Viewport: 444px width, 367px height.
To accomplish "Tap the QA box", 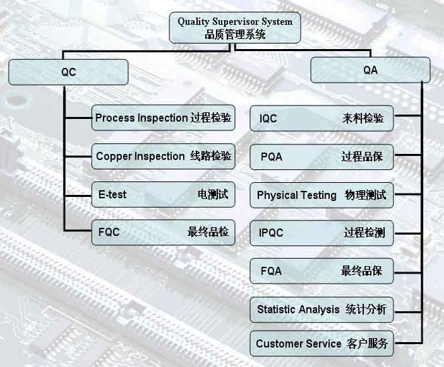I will pyautogui.click(x=370, y=70).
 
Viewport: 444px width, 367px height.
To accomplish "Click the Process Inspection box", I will pyautogui.click(x=163, y=118).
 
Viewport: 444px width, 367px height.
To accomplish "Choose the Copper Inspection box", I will pyautogui.click(x=163, y=157).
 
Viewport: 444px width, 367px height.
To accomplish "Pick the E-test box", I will pyautogui.click(x=163, y=195).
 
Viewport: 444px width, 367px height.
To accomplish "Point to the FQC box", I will pyautogui.click(x=163, y=233).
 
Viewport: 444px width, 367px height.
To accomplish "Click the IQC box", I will pyautogui.click(x=322, y=119).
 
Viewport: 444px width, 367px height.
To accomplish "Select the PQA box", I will pyautogui.click(x=322, y=157).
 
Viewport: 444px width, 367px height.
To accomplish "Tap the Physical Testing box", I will pyautogui.click(x=322, y=196).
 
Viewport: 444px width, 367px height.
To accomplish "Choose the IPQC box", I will pyautogui.click(x=322, y=233).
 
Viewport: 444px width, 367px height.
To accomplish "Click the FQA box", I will pyautogui.click(x=322, y=272).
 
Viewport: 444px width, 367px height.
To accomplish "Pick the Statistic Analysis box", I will pyautogui.click(x=322, y=310).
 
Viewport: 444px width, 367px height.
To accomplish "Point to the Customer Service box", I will pyautogui.click(x=322, y=343).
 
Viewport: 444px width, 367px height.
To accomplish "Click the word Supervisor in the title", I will pyautogui.click(x=235, y=22).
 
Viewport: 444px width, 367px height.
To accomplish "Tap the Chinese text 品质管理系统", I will pyautogui.click(x=235, y=34).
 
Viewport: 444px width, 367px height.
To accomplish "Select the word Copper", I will pyautogui.click(x=114, y=157).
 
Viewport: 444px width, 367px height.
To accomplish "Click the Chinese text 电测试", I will pyautogui.click(x=212, y=195).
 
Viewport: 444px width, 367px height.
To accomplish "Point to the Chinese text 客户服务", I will pyautogui.click(x=367, y=343).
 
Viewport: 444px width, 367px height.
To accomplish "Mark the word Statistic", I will pyautogui.click(x=278, y=310).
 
